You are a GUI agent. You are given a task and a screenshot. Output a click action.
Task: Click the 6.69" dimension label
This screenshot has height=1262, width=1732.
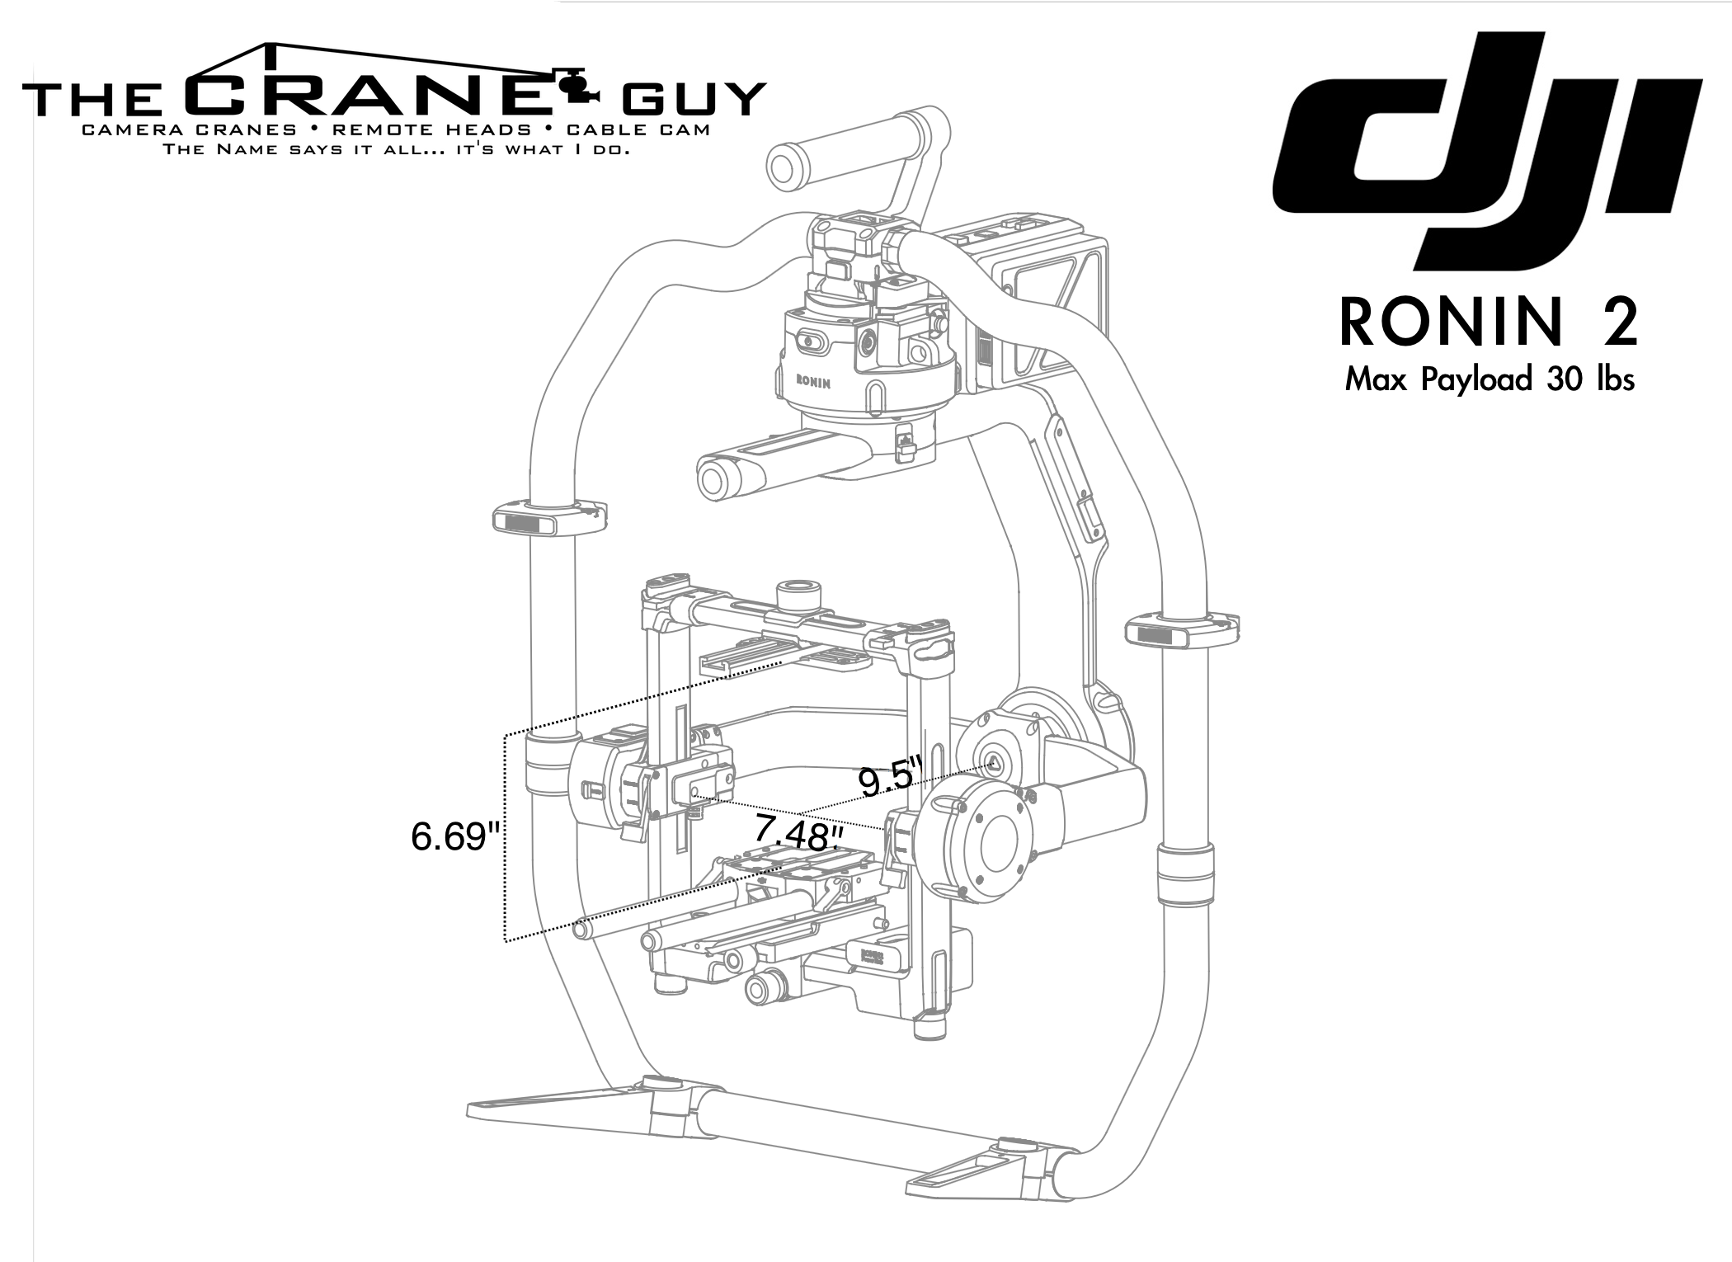click(455, 836)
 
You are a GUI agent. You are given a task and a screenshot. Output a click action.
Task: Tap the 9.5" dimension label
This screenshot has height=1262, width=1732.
click(889, 779)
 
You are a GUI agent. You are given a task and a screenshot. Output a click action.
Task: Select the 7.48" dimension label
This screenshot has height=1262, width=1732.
click(798, 834)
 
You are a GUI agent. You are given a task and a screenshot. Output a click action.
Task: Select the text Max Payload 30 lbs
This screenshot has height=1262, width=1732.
click(1490, 379)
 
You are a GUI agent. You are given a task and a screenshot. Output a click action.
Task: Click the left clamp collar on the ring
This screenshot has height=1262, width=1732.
click(550, 519)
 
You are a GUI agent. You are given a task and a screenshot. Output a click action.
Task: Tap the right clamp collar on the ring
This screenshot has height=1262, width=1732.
click(1182, 631)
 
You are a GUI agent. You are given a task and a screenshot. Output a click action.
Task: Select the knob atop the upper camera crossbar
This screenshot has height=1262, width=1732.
click(798, 596)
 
